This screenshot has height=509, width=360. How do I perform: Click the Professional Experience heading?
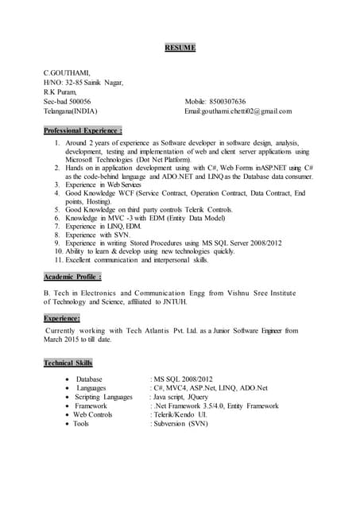[x=83, y=130]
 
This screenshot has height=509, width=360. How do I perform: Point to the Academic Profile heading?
[x=72, y=277]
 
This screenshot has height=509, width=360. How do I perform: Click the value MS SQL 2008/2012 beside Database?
[x=183, y=379]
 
